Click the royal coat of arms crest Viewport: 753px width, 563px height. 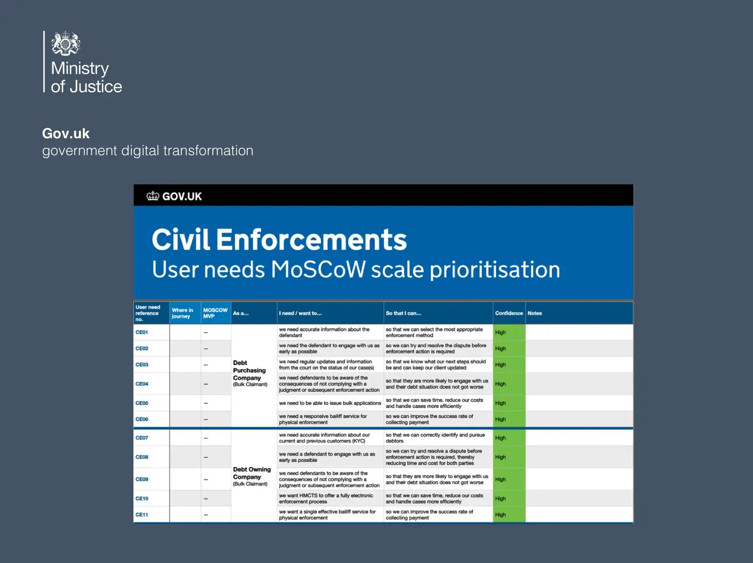point(65,43)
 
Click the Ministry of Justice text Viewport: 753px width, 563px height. point(87,77)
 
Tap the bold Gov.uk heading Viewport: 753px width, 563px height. point(66,133)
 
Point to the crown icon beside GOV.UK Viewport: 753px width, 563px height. point(153,196)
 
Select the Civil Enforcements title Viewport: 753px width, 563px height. point(279,239)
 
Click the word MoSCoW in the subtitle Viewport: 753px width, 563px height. point(318,270)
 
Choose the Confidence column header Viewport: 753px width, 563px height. point(509,313)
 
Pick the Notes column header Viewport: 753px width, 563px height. point(534,313)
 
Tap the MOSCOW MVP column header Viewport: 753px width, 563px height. point(215,313)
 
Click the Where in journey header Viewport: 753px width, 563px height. point(182,313)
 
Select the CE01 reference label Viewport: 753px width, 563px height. point(142,333)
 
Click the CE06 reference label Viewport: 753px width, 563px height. point(142,420)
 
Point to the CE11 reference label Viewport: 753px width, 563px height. point(142,515)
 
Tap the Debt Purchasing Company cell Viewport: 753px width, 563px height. point(250,373)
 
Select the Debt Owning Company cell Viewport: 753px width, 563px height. point(252,476)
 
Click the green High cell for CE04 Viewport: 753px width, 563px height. point(509,384)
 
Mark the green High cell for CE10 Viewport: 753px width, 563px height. point(509,499)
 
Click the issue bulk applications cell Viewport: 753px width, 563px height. point(330,403)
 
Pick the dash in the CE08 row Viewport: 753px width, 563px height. point(206,457)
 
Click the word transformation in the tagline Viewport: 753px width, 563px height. point(208,151)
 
